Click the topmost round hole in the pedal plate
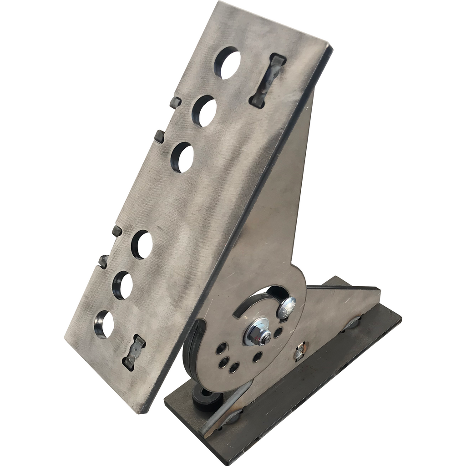[227, 62]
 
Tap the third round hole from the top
[182, 157]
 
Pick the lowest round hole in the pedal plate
[105, 324]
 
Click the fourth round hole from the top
[142, 245]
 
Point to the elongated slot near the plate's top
[268, 81]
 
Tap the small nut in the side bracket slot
[299, 353]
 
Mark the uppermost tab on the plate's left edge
[175, 102]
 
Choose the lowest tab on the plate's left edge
[103, 261]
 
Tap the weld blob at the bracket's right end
[353, 323]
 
